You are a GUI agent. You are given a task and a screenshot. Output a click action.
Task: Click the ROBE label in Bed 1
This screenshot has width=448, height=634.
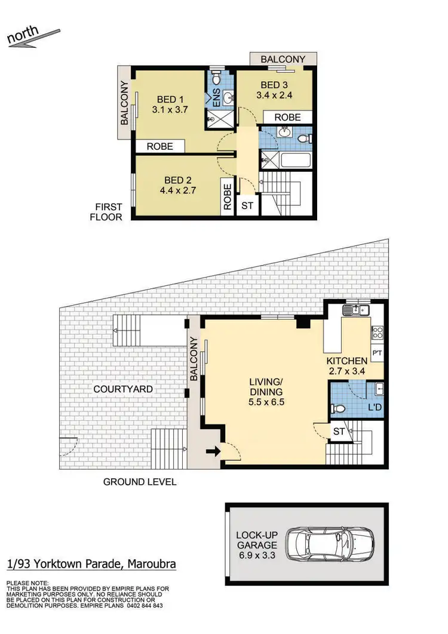tap(159, 146)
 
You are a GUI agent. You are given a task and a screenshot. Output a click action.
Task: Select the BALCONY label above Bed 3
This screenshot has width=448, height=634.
tap(283, 59)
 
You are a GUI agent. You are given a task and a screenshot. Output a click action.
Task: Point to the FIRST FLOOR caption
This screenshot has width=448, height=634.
tap(106, 211)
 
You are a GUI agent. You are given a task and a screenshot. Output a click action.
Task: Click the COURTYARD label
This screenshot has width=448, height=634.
tap(123, 389)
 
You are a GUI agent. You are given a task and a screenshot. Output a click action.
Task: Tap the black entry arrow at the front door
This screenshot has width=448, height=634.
tap(211, 452)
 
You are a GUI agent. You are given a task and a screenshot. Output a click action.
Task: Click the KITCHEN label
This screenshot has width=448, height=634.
tap(346, 361)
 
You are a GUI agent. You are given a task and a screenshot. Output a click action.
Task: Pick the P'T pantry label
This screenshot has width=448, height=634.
tap(378, 352)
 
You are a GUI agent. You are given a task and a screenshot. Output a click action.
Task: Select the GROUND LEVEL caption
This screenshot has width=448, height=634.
tap(140, 482)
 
